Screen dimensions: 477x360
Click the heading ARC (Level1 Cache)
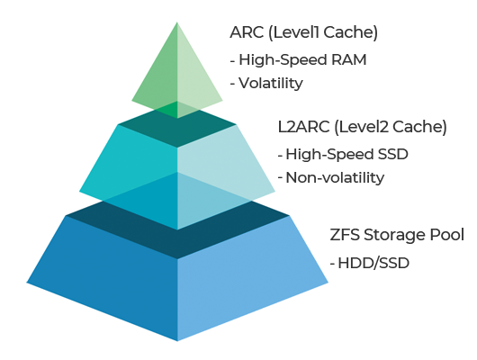click(303, 32)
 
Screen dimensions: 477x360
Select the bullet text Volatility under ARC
click(271, 83)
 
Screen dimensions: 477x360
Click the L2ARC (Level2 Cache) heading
click(363, 127)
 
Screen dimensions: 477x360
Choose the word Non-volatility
click(335, 177)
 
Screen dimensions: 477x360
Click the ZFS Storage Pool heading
click(397, 235)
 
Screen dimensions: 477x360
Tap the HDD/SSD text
click(373, 263)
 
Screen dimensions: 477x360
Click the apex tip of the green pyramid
click(177, 22)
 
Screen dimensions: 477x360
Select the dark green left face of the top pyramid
click(159, 79)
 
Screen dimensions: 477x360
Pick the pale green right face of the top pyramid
click(194, 79)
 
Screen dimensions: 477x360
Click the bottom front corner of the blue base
click(177, 341)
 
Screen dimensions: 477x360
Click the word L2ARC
click(303, 127)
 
